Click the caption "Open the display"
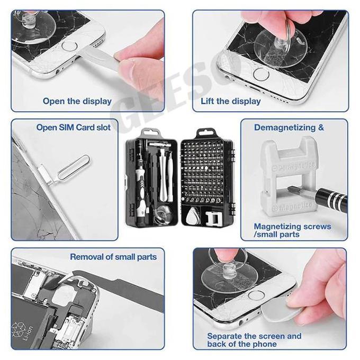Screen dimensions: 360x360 pos(77,101)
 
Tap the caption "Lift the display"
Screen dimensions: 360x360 pos(231,101)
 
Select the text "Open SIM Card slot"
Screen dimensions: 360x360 pos(74,128)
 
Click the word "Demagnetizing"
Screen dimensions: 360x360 pos(285,128)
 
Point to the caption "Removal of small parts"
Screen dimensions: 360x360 pos(113,257)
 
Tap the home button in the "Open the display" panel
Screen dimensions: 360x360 pos(69,46)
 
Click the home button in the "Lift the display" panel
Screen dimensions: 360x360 pos(262,74)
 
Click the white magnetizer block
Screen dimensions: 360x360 pos(287,176)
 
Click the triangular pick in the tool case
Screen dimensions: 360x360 pos(192,217)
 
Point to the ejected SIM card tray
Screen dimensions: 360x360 pos(47,175)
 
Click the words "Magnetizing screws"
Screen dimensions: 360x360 pos(292,227)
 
